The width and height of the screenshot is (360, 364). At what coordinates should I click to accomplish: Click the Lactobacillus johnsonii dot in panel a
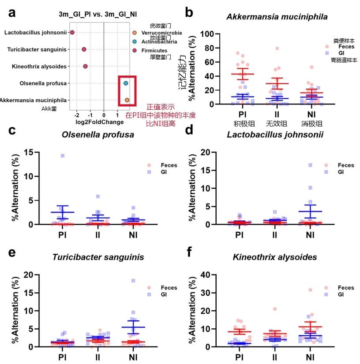pos(72,33)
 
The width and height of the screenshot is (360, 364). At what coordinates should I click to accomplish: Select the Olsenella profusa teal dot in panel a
pos(126,83)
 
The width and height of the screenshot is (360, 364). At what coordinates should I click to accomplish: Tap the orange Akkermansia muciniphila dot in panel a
pos(127,100)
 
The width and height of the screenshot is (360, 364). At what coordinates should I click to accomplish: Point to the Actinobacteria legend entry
pos(159,41)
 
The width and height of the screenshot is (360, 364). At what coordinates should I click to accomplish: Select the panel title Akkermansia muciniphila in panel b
pos(277,17)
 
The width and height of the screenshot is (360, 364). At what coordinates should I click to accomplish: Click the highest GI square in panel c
pos(63,156)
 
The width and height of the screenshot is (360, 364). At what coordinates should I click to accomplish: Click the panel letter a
pos(12,12)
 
